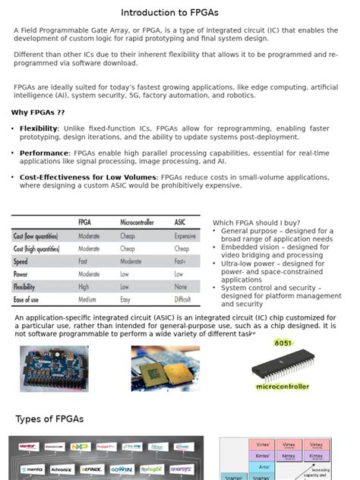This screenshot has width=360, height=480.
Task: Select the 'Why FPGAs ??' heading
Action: pos(38,112)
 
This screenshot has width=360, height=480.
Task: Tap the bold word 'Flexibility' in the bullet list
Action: pos(38,128)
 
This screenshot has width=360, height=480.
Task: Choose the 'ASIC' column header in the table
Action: pos(180,222)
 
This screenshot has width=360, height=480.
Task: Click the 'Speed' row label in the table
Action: pos(21,261)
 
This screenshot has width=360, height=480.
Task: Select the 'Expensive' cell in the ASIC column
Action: pos(185,236)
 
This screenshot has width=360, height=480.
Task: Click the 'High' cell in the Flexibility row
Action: pos(84,287)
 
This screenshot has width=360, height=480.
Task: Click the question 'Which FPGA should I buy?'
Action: pos(256,222)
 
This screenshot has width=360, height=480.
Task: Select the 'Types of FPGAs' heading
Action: pos(49,420)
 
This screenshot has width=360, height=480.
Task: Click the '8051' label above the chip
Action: pos(283,343)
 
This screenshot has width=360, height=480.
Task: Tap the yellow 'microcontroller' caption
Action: pos(283,387)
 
